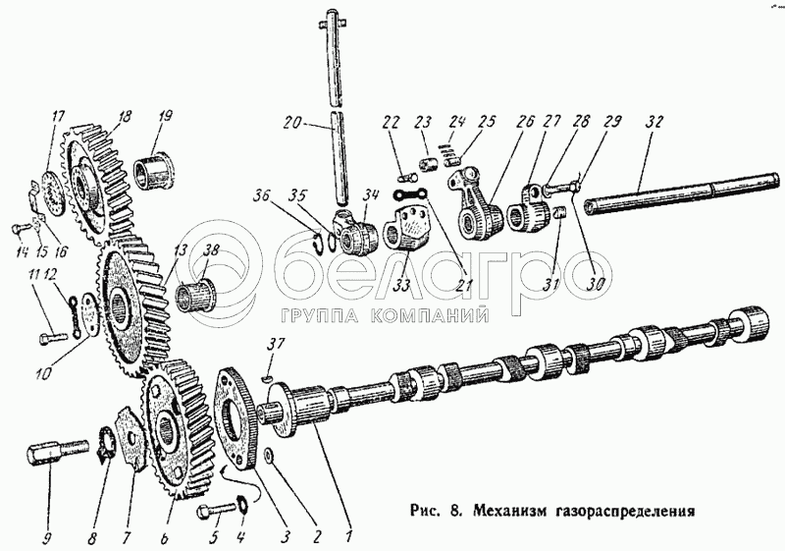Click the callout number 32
pos(655,123)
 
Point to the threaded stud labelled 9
pos(47,456)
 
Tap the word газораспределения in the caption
pos(627,512)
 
